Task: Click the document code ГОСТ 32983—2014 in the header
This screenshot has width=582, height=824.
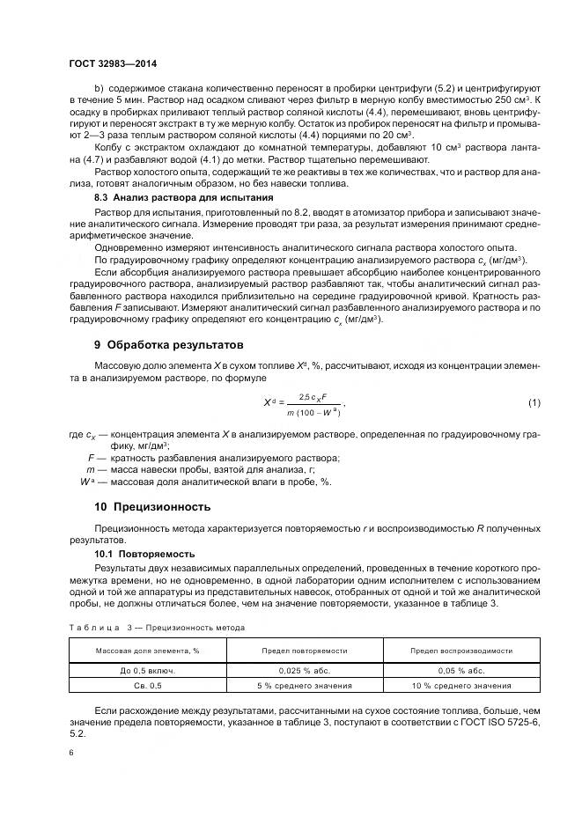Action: tap(112, 64)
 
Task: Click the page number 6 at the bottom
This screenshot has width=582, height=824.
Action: tap(70, 753)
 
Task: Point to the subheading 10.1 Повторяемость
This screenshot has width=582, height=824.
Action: tap(144, 554)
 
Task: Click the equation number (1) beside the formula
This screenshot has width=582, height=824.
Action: tap(534, 402)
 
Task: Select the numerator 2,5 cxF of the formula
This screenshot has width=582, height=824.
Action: tap(313, 397)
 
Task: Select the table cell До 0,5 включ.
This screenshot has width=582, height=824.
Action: tap(147, 670)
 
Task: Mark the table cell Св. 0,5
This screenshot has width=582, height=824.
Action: tap(147, 686)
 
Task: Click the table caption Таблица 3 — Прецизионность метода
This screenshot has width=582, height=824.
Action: tap(157, 628)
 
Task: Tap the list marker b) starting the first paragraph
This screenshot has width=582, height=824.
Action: tap(99, 91)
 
